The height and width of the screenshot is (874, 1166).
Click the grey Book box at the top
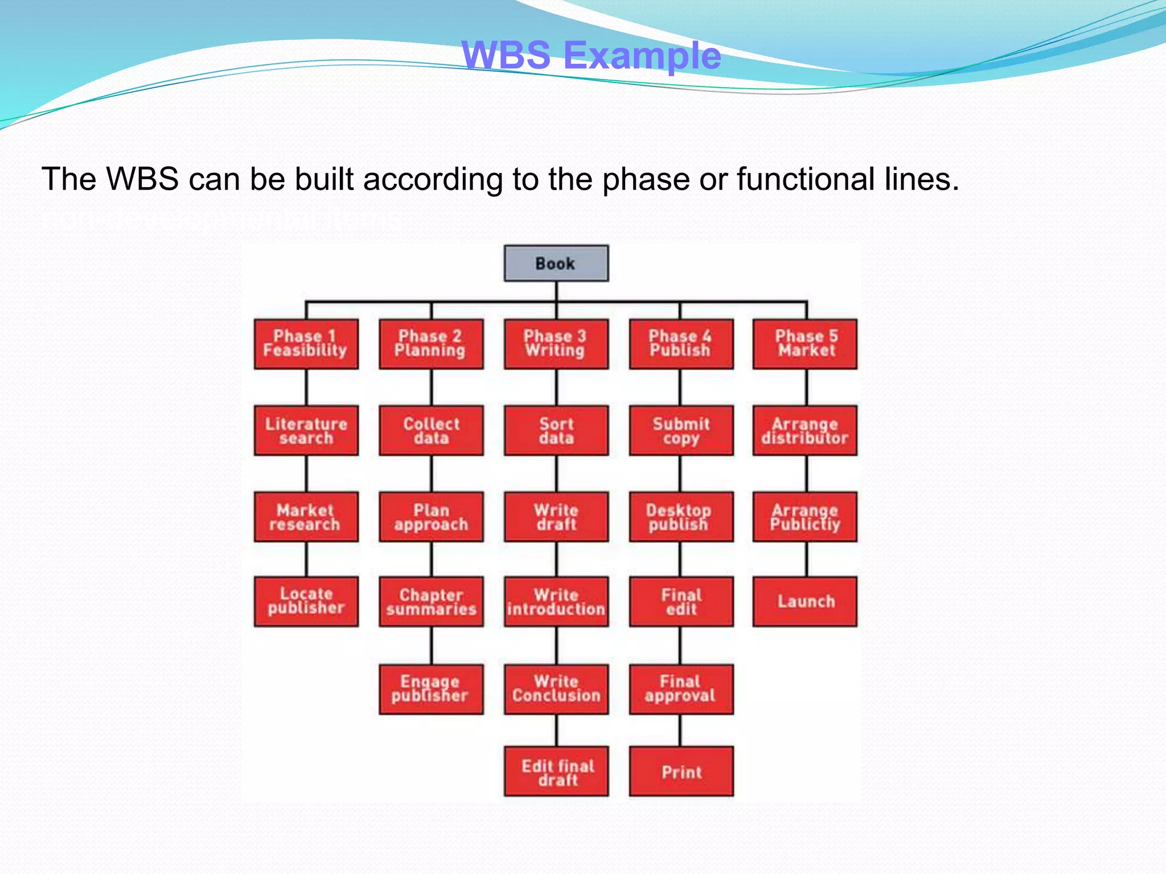[x=556, y=263]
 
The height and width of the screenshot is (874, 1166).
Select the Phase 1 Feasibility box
[x=306, y=344]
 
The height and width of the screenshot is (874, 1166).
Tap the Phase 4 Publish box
[x=681, y=344]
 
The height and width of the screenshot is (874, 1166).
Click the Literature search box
[x=306, y=430]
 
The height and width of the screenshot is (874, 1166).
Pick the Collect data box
[x=431, y=430]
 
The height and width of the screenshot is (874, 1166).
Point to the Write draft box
[x=556, y=517]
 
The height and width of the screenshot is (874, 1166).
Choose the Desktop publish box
[x=681, y=517]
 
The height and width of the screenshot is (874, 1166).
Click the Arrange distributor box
[x=804, y=430]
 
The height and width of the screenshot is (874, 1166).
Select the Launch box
[x=804, y=601]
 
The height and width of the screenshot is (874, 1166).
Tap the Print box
[x=681, y=772]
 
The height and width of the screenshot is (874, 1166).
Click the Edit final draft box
[x=556, y=772]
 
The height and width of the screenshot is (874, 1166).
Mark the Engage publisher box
[x=431, y=689]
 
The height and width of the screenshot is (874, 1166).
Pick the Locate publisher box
[x=306, y=601]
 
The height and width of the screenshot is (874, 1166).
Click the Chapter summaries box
[x=431, y=601]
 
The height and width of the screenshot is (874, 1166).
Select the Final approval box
[x=681, y=689]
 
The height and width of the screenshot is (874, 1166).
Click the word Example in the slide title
[x=642, y=56]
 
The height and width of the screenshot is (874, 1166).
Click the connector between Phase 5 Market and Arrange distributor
[x=806, y=387]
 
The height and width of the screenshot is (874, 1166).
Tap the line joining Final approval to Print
[x=680, y=731]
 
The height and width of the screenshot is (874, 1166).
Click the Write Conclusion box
[x=556, y=689]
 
